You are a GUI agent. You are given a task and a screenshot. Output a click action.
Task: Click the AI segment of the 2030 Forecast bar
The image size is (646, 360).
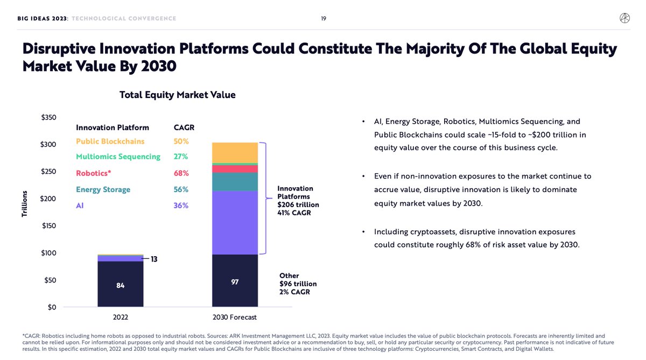coord(235,222)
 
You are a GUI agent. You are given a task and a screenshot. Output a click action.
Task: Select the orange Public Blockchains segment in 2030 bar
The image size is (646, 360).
coord(235,152)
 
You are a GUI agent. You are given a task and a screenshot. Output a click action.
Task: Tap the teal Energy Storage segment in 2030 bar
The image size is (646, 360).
coord(235,181)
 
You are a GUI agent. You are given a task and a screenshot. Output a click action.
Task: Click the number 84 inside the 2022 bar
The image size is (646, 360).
coord(121,285)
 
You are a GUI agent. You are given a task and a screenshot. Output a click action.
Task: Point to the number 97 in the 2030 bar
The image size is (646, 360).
coord(235,281)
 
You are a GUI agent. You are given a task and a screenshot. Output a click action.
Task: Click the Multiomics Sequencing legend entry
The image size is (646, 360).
coord(118,157)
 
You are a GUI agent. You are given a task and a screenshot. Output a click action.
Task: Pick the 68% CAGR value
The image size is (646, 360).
coord(181,173)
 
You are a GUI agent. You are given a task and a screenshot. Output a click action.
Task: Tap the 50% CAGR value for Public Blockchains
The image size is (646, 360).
coord(181,142)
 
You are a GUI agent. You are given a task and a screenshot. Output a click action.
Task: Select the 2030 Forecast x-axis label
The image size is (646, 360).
coord(235,317)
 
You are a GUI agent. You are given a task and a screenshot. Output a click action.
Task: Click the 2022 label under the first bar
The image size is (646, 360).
coord(121,317)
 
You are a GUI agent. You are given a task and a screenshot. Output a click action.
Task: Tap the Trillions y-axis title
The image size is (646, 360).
coord(24,204)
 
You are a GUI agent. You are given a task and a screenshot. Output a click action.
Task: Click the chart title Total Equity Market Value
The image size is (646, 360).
coord(177,95)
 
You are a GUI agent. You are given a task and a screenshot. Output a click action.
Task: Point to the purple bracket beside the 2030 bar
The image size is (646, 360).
coord(264,198)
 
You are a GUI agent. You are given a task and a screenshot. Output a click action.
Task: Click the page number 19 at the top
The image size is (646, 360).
coord(324,18)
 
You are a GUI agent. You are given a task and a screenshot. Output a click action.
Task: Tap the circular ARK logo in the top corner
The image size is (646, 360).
coord(624,18)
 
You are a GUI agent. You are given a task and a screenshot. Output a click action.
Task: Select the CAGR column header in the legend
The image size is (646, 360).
coord(184,128)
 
